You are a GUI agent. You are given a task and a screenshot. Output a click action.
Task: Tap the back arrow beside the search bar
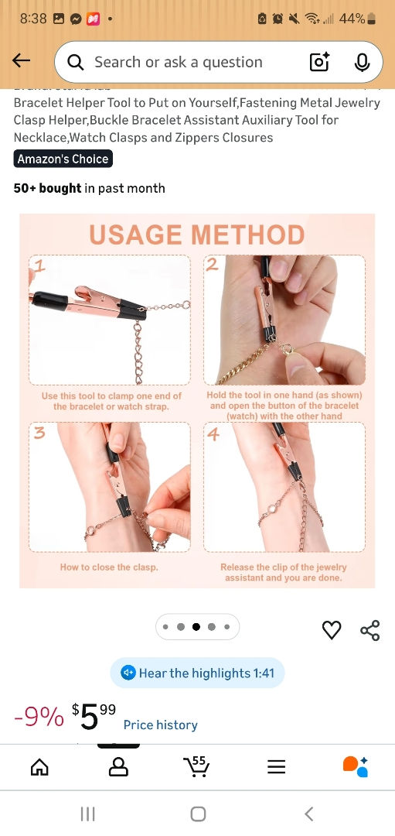click(x=22, y=61)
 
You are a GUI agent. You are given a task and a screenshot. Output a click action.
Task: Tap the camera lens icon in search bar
click(x=319, y=63)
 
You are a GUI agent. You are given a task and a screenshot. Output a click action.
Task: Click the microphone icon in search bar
click(x=362, y=63)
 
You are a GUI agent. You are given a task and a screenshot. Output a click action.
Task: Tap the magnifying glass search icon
click(x=75, y=63)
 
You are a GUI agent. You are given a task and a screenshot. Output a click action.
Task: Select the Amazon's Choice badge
click(x=63, y=159)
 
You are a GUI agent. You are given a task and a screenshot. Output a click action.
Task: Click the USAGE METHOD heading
click(x=196, y=235)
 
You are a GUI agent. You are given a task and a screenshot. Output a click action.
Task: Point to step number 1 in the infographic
click(x=39, y=266)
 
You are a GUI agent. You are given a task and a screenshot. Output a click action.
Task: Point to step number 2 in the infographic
click(x=213, y=265)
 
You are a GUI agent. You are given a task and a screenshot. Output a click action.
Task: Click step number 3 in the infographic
click(x=39, y=433)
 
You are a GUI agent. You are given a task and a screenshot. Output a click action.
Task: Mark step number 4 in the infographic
click(x=213, y=433)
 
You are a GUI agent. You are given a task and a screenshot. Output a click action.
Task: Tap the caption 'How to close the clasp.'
click(x=109, y=567)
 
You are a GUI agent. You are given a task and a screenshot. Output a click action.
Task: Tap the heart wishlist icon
click(x=332, y=630)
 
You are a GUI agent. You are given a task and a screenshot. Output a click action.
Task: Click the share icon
click(x=370, y=630)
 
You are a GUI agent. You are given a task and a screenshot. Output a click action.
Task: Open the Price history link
click(x=160, y=725)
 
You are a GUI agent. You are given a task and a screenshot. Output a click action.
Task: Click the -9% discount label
click(x=39, y=718)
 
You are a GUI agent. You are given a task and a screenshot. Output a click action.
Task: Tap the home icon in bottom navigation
click(x=39, y=766)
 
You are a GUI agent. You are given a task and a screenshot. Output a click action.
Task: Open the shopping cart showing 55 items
click(x=196, y=766)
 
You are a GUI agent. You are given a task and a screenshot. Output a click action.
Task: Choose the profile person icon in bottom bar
click(x=118, y=766)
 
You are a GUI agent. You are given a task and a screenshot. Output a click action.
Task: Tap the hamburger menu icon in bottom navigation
click(x=276, y=766)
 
